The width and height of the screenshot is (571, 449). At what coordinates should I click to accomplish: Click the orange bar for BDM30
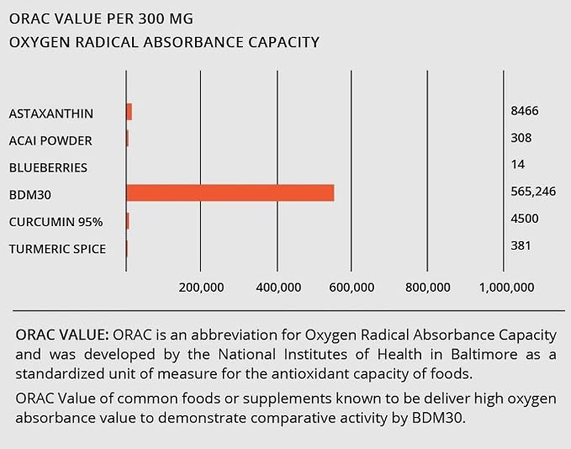(230, 193)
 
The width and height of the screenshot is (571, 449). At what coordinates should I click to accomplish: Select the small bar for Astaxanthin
(129, 112)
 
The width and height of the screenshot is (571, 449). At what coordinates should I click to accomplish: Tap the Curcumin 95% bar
(128, 221)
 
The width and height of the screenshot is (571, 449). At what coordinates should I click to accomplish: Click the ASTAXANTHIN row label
(51, 114)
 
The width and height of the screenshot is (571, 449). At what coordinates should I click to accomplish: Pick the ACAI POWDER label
(50, 140)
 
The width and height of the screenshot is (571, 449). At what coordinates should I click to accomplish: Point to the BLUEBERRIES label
(48, 167)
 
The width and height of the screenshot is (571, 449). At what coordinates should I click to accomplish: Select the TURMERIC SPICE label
(57, 249)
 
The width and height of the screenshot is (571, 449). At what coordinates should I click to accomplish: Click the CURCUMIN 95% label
(56, 222)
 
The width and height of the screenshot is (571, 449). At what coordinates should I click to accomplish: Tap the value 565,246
(533, 192)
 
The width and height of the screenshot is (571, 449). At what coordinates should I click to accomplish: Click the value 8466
(525, 110)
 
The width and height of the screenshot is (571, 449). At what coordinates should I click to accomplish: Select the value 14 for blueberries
(517, 164)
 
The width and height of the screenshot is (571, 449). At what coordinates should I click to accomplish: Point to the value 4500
(525, 219)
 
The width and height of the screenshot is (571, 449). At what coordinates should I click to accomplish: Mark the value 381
(521, 246)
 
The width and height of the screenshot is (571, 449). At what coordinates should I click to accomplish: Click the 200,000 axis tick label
(201, 288)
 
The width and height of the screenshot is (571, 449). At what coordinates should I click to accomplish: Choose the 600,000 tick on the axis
(352, 288)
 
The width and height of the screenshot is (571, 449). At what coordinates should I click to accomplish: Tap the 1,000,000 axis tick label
(507, 288)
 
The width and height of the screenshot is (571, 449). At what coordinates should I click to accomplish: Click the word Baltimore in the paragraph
(484, 354)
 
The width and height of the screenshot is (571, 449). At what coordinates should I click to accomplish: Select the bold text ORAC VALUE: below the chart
(62, 335)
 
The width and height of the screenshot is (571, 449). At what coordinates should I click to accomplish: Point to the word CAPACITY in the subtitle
(283, 42)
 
